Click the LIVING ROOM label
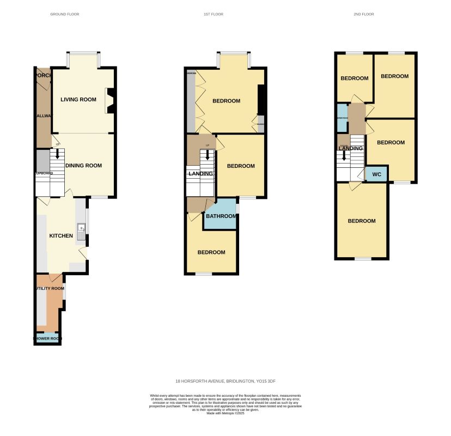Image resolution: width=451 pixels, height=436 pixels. click(78, 99)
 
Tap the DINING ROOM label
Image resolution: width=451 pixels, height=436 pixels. click(84, 165)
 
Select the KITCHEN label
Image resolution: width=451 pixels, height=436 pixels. click(61, 235)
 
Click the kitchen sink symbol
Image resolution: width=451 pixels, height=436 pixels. click(81, 231)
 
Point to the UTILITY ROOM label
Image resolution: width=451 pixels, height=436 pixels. click(49, 288)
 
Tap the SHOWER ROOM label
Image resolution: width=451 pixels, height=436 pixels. click(47, 338)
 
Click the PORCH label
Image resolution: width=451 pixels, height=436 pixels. click(43, 75)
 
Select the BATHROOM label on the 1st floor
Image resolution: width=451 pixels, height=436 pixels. click(221, 216)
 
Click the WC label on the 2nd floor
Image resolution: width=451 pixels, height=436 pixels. click(376, 175)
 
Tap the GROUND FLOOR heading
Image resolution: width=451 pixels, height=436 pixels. click(65, 14)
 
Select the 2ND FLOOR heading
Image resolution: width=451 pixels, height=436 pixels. click(364, 14)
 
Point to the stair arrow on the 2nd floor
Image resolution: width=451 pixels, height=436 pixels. click(344, 157)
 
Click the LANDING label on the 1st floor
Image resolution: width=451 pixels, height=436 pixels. click(200, 173)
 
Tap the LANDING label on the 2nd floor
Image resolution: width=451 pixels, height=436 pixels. click(350, 148)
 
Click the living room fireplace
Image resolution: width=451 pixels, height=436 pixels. click(110, 101)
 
